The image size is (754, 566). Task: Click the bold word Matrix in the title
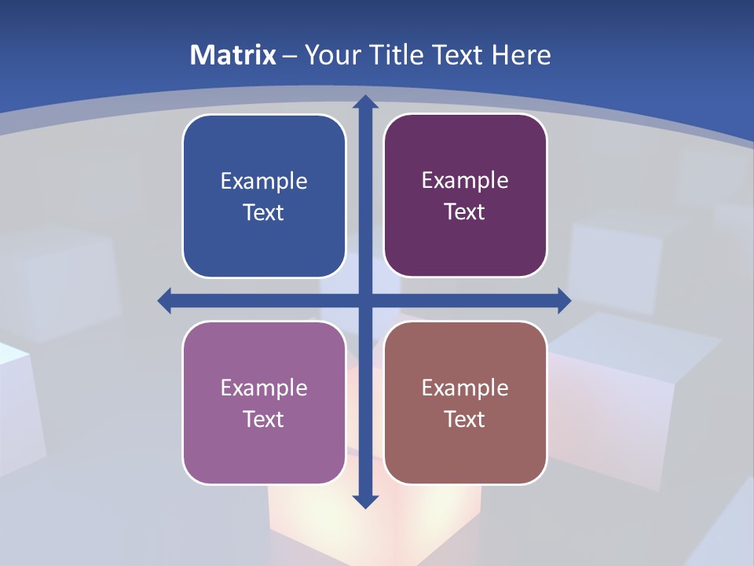(x=233, y=55)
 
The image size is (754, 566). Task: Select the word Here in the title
(x=521, y=55)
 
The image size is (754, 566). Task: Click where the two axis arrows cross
(x=365, y=300)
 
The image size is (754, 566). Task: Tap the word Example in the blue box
(x=264, y=181)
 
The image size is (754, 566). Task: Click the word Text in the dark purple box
(x=465, y=212)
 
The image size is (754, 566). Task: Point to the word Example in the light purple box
(x=264, y=388)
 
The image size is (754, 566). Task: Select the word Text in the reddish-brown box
(x=465, y=419)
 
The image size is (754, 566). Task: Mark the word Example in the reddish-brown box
(x=465, y=388)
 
